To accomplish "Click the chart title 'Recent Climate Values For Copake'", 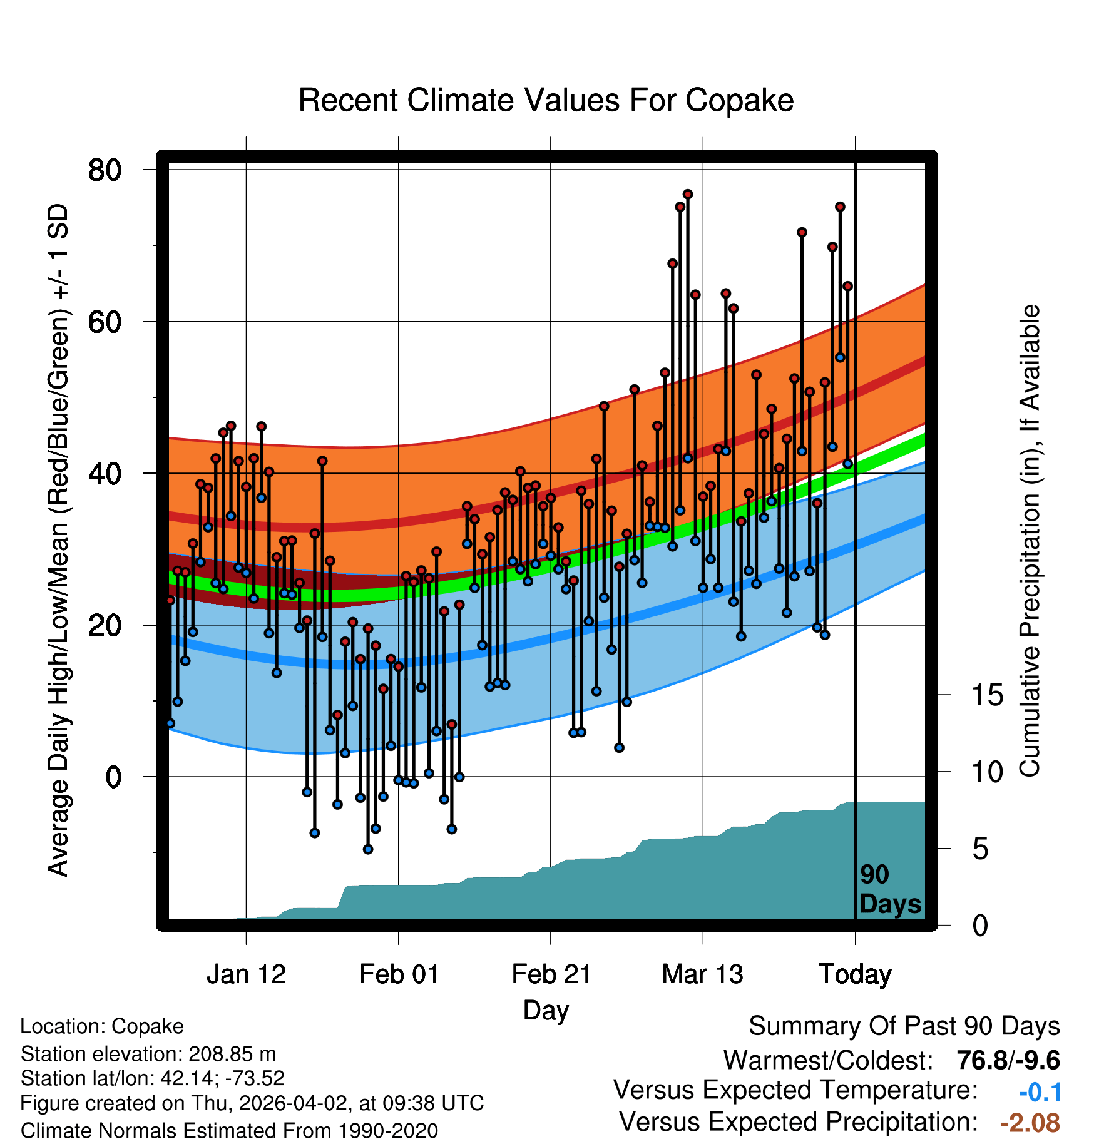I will point(546,101).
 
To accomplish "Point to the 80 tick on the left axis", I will point(105,170).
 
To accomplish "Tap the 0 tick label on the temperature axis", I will point(113,777).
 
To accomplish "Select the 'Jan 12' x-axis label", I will point(246,974).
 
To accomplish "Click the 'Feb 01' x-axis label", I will point(399,974).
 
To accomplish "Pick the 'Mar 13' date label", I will point(702,974).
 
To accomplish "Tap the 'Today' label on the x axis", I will point(855,974).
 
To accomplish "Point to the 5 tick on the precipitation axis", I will point(980,849).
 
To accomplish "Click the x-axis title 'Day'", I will point(546,1010).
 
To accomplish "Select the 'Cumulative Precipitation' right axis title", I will point(1030,541).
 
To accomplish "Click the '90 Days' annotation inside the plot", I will point(889,889).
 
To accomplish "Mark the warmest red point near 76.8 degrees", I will point(688,194).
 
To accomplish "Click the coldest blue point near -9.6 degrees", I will point(368,849).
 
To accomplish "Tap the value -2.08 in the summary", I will point(1030,1123).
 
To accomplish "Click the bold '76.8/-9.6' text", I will point(1008,1060).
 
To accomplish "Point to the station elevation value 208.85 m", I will point(232,1054).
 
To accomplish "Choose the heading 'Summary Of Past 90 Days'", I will point(904,1026).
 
